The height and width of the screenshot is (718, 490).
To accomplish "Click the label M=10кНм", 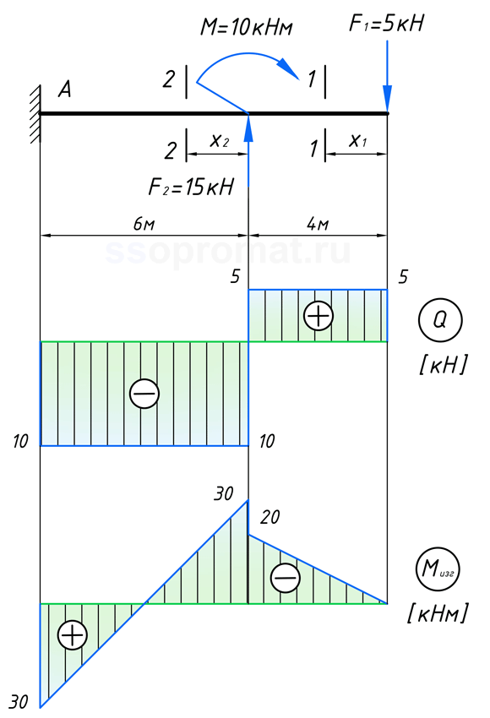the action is pos(247,27).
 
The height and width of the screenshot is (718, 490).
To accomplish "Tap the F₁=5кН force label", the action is pos(386,23).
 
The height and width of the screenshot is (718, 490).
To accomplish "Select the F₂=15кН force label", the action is pos(191,187).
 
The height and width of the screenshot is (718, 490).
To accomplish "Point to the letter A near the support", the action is pos(64,89).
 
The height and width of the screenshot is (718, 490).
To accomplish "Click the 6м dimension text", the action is pos(144,224).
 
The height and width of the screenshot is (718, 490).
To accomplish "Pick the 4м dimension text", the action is pos(318,224).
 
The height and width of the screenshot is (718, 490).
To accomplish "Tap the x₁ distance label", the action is pos(357,140).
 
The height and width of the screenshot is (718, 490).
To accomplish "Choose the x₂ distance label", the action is pos(219,140).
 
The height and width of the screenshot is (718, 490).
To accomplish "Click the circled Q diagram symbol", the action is pos(440,320).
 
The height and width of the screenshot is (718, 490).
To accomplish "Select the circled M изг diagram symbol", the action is pos(438,568).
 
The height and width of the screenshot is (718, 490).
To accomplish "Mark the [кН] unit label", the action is pos(444,365).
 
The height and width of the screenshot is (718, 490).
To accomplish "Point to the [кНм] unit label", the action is pos(438,612).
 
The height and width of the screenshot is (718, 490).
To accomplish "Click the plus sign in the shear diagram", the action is pos(318,316).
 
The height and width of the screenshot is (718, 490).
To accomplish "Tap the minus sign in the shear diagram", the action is pos(144,394).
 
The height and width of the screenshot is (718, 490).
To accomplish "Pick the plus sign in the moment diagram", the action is pos(73,634).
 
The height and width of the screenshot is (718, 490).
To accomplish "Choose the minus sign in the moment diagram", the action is pos(286,578).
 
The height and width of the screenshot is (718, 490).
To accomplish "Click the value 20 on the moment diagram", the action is pos(270,517).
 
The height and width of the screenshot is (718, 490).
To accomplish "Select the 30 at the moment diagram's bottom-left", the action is pos(19,701).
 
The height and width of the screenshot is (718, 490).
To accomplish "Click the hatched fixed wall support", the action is pos(35,114).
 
